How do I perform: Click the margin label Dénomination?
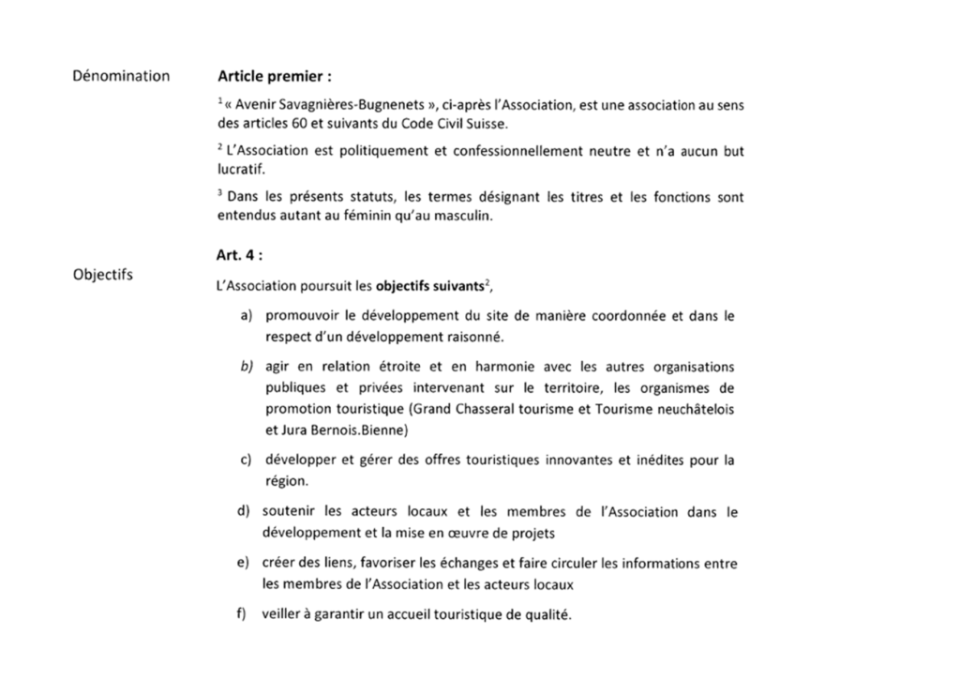tap(121, 75)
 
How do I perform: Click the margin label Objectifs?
tap(102, 276)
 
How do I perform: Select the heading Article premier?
tap(274, 76)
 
